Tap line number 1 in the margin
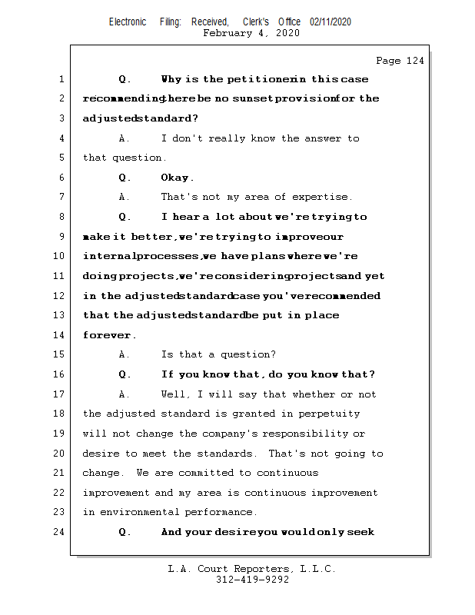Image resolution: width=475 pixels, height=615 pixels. tap(61, 79)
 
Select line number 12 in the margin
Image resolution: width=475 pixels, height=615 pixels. tap(59, 296)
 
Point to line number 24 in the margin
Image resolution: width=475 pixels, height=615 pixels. tap(59, 532)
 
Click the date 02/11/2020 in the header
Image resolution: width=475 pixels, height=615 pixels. tap(331, 22)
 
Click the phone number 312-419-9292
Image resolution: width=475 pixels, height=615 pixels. tap(252, 580)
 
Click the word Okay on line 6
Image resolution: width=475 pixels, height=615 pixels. tap(176, 178)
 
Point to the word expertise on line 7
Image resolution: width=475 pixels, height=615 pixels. tap(324, 198)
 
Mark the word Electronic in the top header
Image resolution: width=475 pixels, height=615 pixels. tap(128, 22)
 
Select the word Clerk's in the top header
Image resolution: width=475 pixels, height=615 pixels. tap(256, 22)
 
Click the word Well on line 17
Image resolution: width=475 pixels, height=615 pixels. tap(174, 394)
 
